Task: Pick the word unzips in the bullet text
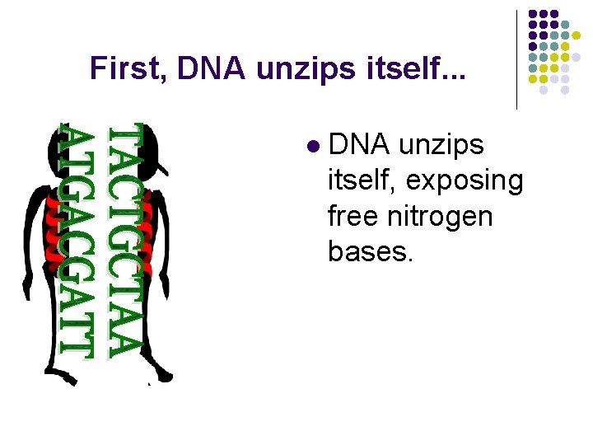[x=441, y=145]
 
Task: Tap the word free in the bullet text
[x=353, y=217]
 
